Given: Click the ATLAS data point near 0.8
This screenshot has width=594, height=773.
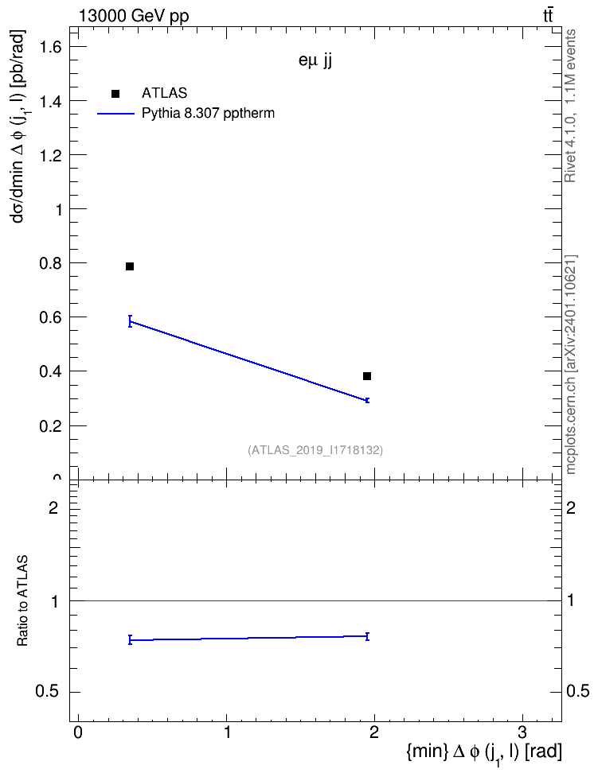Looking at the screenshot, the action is pos(130,266).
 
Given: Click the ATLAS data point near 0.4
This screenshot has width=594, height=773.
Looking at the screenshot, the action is pos(367,377).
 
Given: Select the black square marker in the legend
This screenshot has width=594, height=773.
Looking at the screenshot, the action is pos(115,94).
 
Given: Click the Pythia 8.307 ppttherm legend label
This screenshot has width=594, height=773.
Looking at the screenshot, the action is pos(208,114).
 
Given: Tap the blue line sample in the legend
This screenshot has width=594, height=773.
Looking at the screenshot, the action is pos(115,114).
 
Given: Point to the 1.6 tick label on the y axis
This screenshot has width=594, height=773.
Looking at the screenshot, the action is pos(51,47).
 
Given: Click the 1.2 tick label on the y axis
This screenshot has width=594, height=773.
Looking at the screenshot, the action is pos(51,155).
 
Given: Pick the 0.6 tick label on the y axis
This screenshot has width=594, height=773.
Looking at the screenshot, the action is pos(51,317).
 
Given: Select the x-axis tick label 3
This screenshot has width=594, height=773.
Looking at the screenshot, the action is pos(522,732).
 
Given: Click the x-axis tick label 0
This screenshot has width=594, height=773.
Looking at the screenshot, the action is pos(78,732).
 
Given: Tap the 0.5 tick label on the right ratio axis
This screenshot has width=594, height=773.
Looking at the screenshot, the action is pos(578,692).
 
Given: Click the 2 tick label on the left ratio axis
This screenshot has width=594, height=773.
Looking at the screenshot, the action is pos(53,507).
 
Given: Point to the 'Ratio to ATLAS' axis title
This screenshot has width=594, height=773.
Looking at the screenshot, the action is pos(22,601).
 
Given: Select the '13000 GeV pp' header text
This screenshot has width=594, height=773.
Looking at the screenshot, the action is pos(134,16).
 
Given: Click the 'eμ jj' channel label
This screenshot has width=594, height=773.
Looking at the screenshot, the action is pos(315,61).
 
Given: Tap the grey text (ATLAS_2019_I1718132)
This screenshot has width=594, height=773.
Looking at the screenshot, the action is pos(315,450).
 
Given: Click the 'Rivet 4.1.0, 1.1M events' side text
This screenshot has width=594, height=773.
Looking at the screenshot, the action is pos(570,106).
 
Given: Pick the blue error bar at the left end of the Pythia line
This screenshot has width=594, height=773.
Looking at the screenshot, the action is pos(130,321).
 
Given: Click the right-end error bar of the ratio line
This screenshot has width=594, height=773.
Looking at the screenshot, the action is pos(367,636).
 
